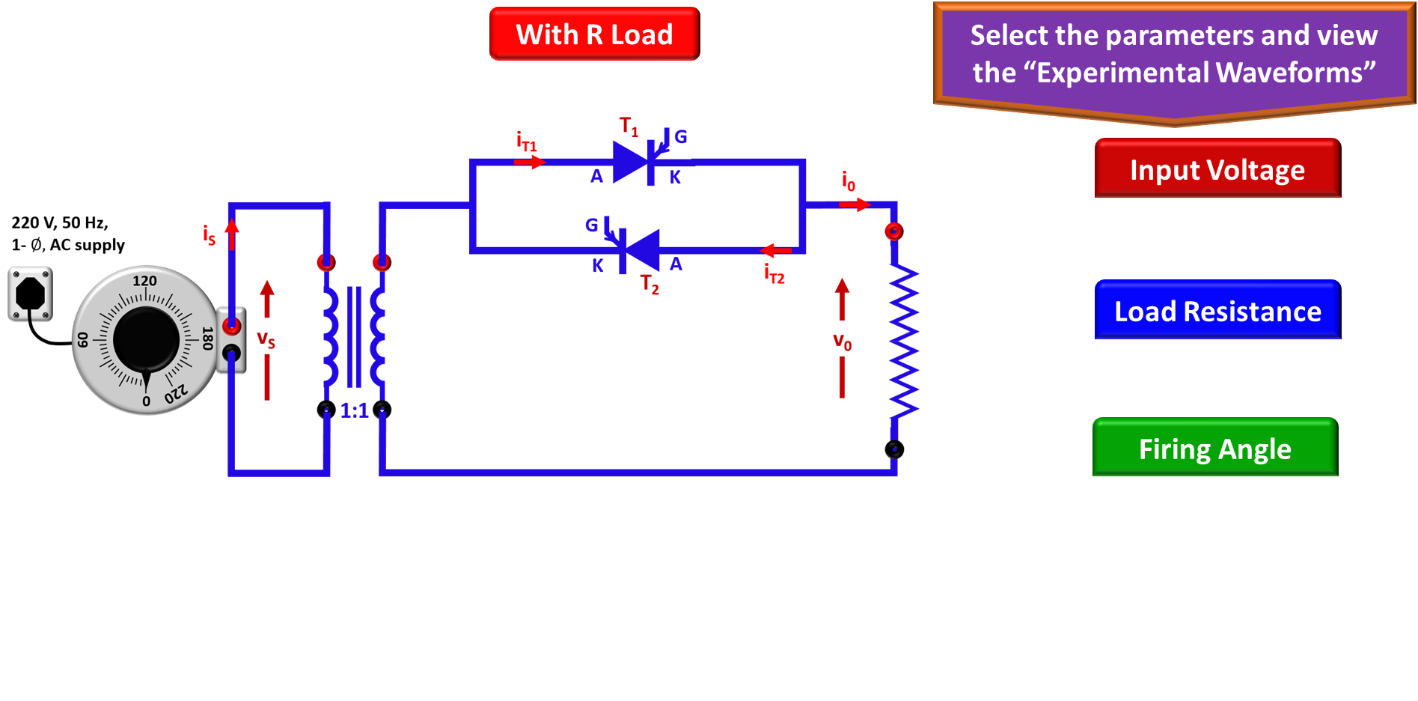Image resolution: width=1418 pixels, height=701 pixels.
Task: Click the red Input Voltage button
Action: coord(1217,169)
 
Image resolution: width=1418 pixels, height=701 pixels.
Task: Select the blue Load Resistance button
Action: coord(1217,311)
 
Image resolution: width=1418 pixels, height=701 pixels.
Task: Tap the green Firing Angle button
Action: coord(1215,449)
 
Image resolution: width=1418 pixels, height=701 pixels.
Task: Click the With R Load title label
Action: coord(594,34)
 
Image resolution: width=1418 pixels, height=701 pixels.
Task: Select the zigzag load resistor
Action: coord(903,341)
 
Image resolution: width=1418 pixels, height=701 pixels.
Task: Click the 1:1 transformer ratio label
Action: coord(354,410)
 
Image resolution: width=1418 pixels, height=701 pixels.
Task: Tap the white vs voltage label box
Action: coord(266,337)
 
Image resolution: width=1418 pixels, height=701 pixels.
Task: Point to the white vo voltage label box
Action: coord(843,339)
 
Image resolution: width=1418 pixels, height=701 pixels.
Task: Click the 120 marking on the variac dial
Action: coord(144,281)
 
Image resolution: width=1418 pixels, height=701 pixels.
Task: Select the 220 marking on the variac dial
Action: coord(177,393)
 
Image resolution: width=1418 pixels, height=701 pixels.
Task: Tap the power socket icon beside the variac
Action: coord(31,294)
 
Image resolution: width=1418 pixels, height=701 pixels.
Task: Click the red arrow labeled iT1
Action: coord(530,162)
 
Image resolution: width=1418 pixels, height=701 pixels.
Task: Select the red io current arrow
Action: coord(855,204)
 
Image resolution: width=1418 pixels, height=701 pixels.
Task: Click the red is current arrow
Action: coord(232,234)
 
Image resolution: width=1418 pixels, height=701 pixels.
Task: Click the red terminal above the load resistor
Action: coord(893,231)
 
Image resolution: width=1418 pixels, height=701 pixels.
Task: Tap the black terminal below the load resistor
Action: coord(894,449)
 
